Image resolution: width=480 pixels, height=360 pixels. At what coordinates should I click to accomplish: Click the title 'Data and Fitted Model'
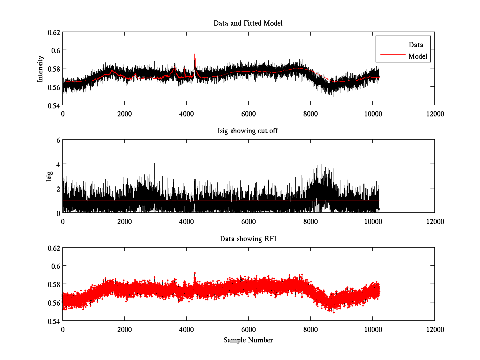[x=248, y=23]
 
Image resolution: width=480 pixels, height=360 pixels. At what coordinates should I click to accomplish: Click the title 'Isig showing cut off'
[x=248, y=131]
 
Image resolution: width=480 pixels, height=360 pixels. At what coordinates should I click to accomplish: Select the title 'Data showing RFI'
[x=248, y=239]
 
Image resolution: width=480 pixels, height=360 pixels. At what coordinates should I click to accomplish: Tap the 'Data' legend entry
[x=416, y=45]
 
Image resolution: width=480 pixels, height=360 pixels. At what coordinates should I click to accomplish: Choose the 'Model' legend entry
[x=418, y=56]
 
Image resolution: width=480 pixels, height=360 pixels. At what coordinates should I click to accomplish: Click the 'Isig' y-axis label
[x=49, y=176]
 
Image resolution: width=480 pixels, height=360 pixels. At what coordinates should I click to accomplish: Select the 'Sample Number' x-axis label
[x=248, y=340]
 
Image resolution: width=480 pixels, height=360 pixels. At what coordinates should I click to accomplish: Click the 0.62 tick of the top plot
[x=54, y=32]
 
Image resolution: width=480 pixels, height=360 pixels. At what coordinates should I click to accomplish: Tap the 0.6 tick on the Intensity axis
[x=56, y=50]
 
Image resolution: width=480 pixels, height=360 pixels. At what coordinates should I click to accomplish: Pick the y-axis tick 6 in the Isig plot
[x=58, y=140]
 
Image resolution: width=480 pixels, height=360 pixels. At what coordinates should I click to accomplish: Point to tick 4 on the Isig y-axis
[x=58, y=164]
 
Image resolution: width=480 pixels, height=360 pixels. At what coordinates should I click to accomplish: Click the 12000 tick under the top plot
[x=434, y=114]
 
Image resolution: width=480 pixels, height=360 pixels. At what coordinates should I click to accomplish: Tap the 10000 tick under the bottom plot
[x=372, y=329]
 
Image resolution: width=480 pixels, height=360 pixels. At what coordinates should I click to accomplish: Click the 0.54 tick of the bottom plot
[x=54, y=321]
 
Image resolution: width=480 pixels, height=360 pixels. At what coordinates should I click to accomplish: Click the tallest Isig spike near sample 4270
[x=195, y=159]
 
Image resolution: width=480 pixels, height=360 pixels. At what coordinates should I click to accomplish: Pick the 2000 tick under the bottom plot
[x=124, y=329]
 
